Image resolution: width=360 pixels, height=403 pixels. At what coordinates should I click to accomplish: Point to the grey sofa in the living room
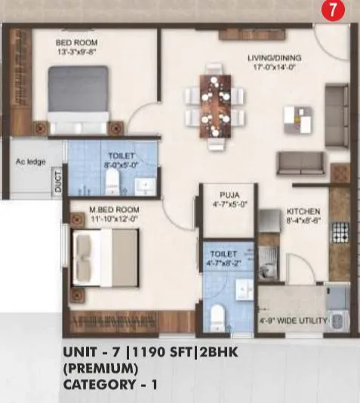pyautogui.click(x=301, y=162)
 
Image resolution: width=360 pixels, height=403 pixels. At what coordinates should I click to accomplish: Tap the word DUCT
pyautogui.click(x=58, y=184)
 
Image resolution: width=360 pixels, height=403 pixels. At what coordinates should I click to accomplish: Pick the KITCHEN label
pyautogui.click(x=303, y=211)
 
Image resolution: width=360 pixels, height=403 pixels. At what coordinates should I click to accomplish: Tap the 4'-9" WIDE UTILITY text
pyautogui.click(x=294, y=321)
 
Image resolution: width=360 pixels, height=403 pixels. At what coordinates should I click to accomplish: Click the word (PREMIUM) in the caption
pyautogui.click(x=100, y=368)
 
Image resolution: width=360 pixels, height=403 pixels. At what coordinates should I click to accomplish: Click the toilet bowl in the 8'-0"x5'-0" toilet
pyautogui.click(x=112, y=179)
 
